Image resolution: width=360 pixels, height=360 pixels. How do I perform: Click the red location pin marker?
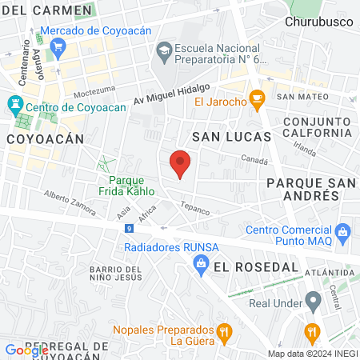[x=181, y=163]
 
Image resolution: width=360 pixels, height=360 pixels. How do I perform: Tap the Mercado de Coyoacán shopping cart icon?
[x=58, y=47]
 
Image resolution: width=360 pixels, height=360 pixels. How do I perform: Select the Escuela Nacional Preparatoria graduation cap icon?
[x=165, y=50]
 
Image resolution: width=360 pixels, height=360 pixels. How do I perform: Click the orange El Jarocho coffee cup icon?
[x=257, y=100]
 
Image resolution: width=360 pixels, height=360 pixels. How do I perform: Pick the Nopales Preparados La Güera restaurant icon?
[x=226, y=331]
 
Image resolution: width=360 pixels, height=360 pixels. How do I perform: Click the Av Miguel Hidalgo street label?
[x=171, y=94]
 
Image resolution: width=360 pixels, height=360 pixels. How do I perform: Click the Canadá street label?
[x=255, y=158]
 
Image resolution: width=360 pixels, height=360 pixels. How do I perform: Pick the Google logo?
[x=26, y=350]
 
